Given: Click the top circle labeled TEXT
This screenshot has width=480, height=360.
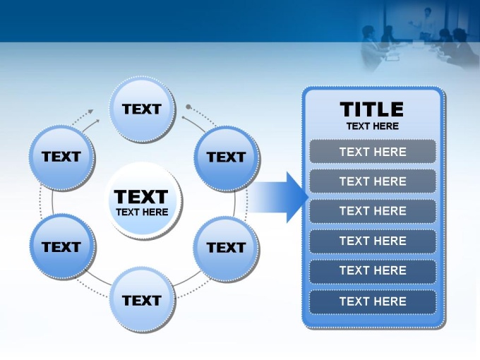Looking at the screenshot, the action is (143, 109).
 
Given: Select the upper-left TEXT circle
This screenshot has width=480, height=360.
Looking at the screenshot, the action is (62, 157).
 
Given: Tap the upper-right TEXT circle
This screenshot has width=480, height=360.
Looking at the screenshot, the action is (227, 158).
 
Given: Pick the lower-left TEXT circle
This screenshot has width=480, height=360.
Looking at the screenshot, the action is (63, 247).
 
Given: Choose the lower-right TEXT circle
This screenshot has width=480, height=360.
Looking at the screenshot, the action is (227, 248).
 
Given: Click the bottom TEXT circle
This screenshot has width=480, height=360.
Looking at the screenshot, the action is (143, 300).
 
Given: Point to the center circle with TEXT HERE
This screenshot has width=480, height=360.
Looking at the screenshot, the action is (143, 200).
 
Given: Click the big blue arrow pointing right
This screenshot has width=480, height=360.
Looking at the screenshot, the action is (277, 197).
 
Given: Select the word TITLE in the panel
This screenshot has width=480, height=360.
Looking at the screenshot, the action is (372, 109).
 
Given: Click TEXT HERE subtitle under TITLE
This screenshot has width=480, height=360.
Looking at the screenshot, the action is (373, 126).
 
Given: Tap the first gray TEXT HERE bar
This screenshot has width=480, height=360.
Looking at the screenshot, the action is (373, 152).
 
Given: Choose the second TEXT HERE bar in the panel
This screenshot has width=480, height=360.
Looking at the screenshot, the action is (373, 181).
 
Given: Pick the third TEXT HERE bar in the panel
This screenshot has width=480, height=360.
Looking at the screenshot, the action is (373, 211).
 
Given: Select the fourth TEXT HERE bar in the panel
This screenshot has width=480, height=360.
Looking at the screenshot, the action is (373, 241).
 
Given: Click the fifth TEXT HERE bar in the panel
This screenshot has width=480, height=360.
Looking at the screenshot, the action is (373, 271).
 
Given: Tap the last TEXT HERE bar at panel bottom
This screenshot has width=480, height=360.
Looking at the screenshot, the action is (373, 301).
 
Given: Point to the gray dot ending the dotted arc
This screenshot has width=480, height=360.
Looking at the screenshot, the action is (188, 107).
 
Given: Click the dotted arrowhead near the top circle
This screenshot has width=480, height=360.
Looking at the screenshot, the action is (90, 112).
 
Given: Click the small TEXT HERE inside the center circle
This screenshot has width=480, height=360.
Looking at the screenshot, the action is (142, 212).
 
